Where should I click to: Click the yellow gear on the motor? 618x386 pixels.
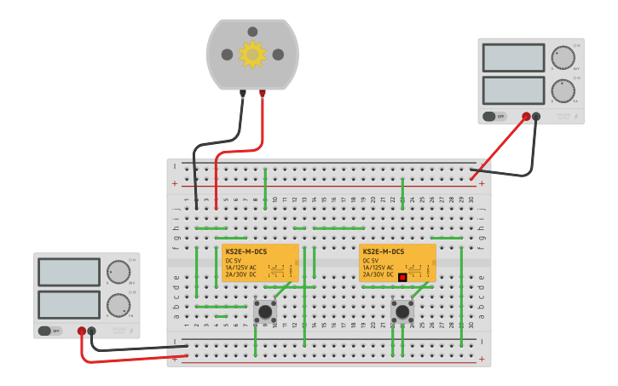pyautogui.click(x=252, y=55)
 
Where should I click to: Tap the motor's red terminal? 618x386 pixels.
pyautogui.click(x=263, y=93)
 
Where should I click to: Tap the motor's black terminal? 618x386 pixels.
pyautogui.click(x=243, y=93)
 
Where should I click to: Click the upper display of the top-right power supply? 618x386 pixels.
pyautogui.click(x=513, y=58)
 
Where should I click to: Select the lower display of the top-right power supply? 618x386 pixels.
pyautogui.click(x=513, y=90)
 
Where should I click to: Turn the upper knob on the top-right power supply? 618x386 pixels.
pyautogui.click(x=563, y=58)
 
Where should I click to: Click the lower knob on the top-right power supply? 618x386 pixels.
pyautogui.click(x=563, y=90)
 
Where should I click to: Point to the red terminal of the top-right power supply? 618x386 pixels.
pyautogui.click(x=526, y=117)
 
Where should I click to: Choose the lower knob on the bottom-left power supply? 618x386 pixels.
pyautogui.click(x=118, y=305)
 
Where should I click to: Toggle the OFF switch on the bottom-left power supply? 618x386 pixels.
pyautogui.click(x=50, y=331)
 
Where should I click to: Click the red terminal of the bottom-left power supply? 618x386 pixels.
pyautogui.click(x=82, y=331)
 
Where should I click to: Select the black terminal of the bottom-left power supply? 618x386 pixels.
pyautogui.click(x=92, y=331)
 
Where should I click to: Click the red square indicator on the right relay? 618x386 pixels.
pyautogui.click(x=402, y=276)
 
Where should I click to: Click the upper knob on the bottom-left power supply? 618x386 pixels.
pyautogui.click(x=118, y=273)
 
